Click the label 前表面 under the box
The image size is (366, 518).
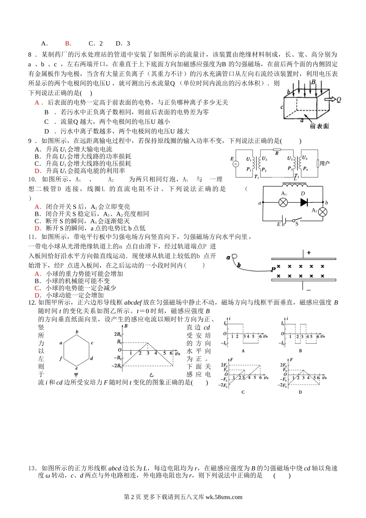319,126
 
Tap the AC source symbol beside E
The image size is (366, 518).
235,164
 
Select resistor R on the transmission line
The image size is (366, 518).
276,150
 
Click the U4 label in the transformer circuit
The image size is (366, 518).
304,158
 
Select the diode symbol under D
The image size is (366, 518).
304,202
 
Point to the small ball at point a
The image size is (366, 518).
233,257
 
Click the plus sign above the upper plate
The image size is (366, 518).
309,253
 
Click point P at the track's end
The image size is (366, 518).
273,269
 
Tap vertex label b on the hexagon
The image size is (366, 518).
77,331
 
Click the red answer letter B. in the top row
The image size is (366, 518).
68,44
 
